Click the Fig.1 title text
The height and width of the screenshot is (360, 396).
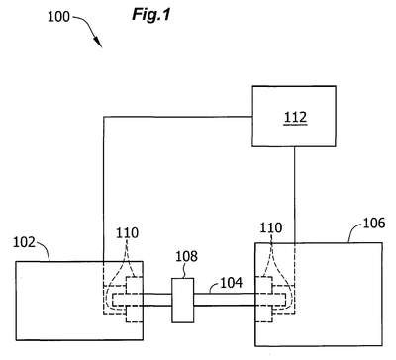click(151, 14)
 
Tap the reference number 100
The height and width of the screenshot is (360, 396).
click(58, 17)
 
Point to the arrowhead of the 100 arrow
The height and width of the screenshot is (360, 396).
click(98, 43)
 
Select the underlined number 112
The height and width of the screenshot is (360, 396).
click(295, 117)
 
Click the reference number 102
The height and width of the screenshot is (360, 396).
click(24, 242)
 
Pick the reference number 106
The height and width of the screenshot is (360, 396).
click(374, 224)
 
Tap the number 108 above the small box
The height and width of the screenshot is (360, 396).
click(186, 256)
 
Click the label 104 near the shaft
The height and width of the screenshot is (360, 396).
click(231, 283)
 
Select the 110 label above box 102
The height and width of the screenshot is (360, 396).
click(127, 233)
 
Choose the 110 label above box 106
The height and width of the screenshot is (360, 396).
click(271, 227)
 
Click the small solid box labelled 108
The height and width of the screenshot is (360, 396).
click(182, 301)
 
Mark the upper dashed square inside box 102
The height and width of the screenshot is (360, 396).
click(135, 285)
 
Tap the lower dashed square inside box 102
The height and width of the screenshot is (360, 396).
click(135, 315)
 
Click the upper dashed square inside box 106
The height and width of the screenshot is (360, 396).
click(263, 285)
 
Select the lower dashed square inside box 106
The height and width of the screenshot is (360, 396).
click(263, 315)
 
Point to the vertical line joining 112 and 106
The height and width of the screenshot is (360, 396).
click(294, 195)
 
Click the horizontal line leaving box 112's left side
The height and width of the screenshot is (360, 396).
click(178, 117)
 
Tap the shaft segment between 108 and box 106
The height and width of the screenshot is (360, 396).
click(225, 300)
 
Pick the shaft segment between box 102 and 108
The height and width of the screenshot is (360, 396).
click(157, 300)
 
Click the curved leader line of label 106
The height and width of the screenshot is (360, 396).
click(353, 229)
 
